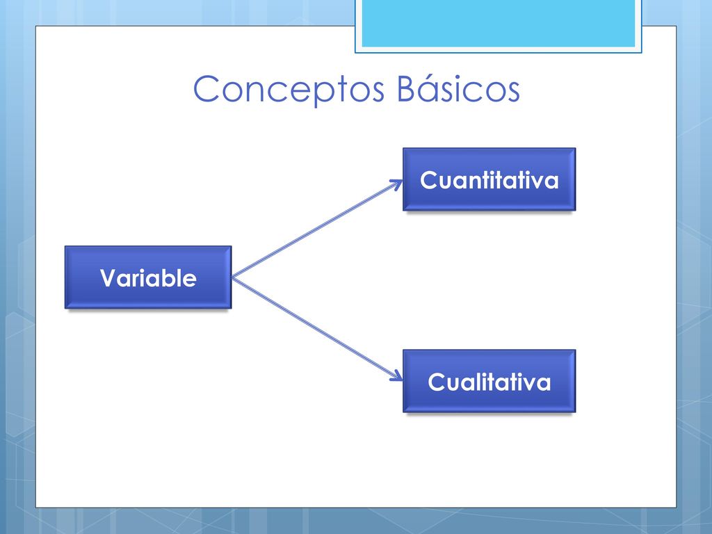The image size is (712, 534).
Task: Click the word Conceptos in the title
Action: coord(289,90)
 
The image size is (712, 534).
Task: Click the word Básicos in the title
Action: coord(458,88)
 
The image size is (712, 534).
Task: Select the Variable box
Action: coord(148,277)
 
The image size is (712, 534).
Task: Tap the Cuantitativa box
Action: coord(489,179)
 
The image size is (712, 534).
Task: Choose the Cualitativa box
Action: coord(489,381)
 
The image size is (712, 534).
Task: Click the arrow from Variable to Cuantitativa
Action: coord(317,229)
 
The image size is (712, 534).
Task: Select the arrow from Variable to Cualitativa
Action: coord(317,328)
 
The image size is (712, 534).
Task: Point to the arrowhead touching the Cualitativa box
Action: coord(397,376)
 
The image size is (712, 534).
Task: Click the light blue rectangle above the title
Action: coord(498,24)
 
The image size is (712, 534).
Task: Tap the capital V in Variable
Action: coord(109,278)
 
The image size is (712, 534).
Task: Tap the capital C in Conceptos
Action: coord(207,88)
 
